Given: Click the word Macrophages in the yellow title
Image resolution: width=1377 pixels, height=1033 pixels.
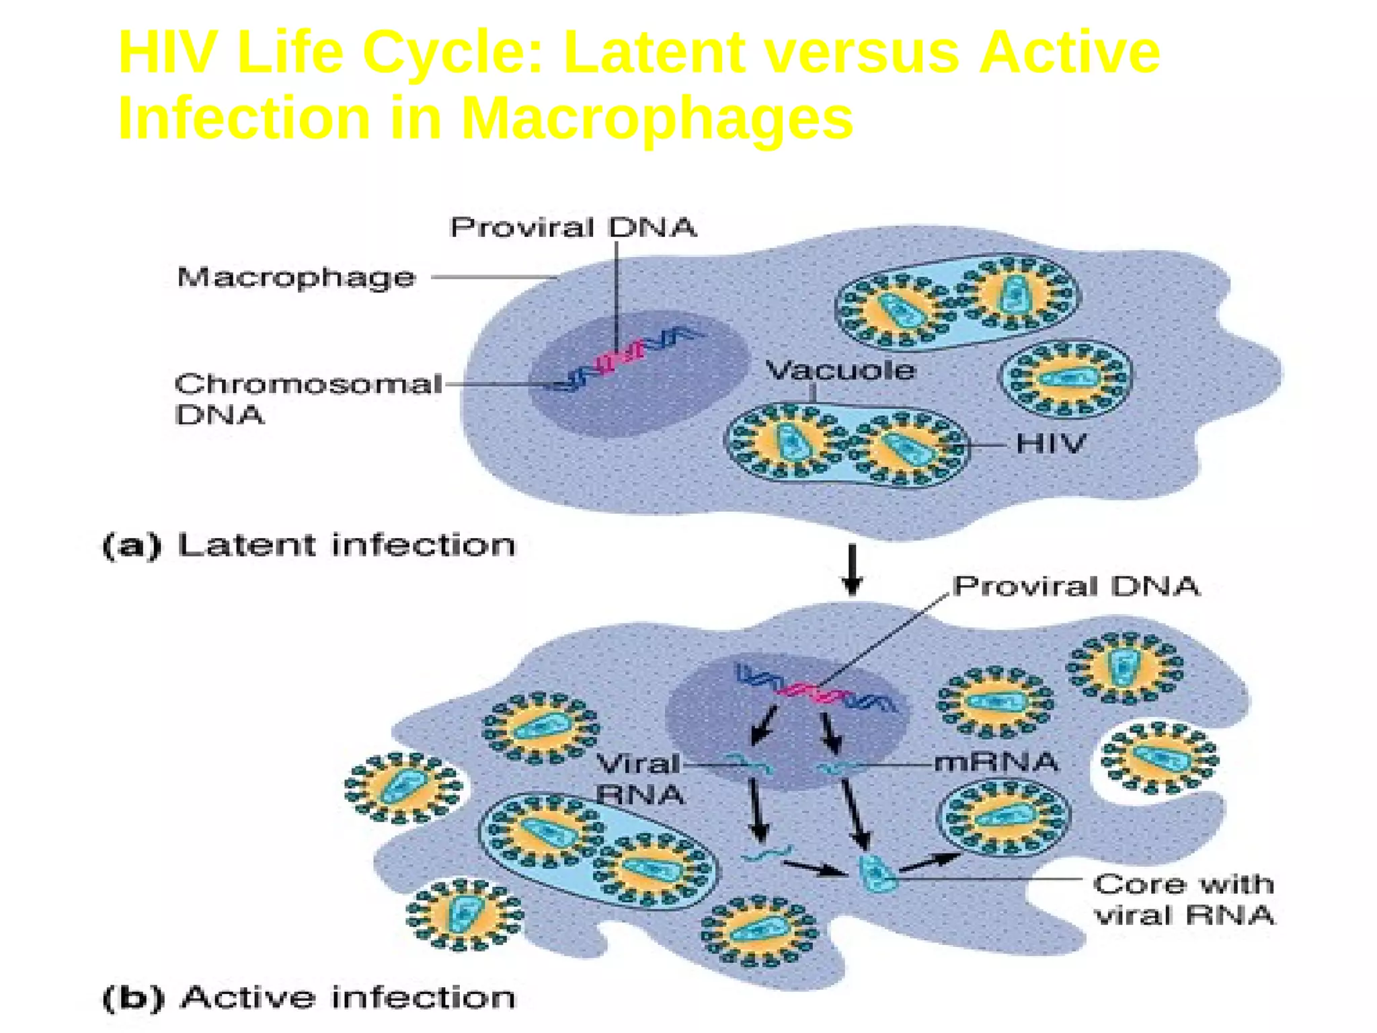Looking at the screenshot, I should (x=656, y=118).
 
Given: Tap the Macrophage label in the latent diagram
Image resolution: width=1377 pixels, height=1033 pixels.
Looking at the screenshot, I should (x=296, y=277).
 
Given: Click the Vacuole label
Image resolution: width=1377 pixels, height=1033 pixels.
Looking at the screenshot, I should (x=840, y=370).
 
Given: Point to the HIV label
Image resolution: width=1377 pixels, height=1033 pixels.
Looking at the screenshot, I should (x=1051, y=444).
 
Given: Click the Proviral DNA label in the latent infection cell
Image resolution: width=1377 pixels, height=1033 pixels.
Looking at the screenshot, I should (x=573, y=227).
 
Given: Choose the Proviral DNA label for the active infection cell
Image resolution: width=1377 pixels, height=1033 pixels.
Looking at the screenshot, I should (x=1076, y=586).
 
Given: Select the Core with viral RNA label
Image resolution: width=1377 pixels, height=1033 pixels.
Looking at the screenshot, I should (x=1183, y=899).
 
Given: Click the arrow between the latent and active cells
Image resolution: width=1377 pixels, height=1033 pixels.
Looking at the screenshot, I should (x=853, y=570).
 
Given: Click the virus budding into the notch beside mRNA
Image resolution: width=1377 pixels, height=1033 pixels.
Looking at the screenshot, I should (x=1159, y=757).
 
